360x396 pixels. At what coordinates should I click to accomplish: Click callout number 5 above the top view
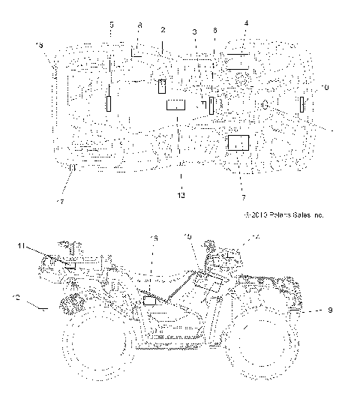coord(112,25)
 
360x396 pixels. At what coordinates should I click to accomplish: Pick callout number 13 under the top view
coord(181,195)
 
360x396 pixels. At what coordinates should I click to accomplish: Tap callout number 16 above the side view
coord(154,238)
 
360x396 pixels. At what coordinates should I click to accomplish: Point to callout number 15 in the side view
coord(188,237)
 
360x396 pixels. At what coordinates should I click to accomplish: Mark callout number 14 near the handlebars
coord(257,237)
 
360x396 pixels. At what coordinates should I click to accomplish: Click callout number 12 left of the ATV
coord(16,298)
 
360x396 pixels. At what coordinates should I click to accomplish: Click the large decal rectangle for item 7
coord(238,143)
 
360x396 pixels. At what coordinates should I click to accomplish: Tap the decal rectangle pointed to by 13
coord(176,104)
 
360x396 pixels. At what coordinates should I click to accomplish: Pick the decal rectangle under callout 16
coord(148,301)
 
